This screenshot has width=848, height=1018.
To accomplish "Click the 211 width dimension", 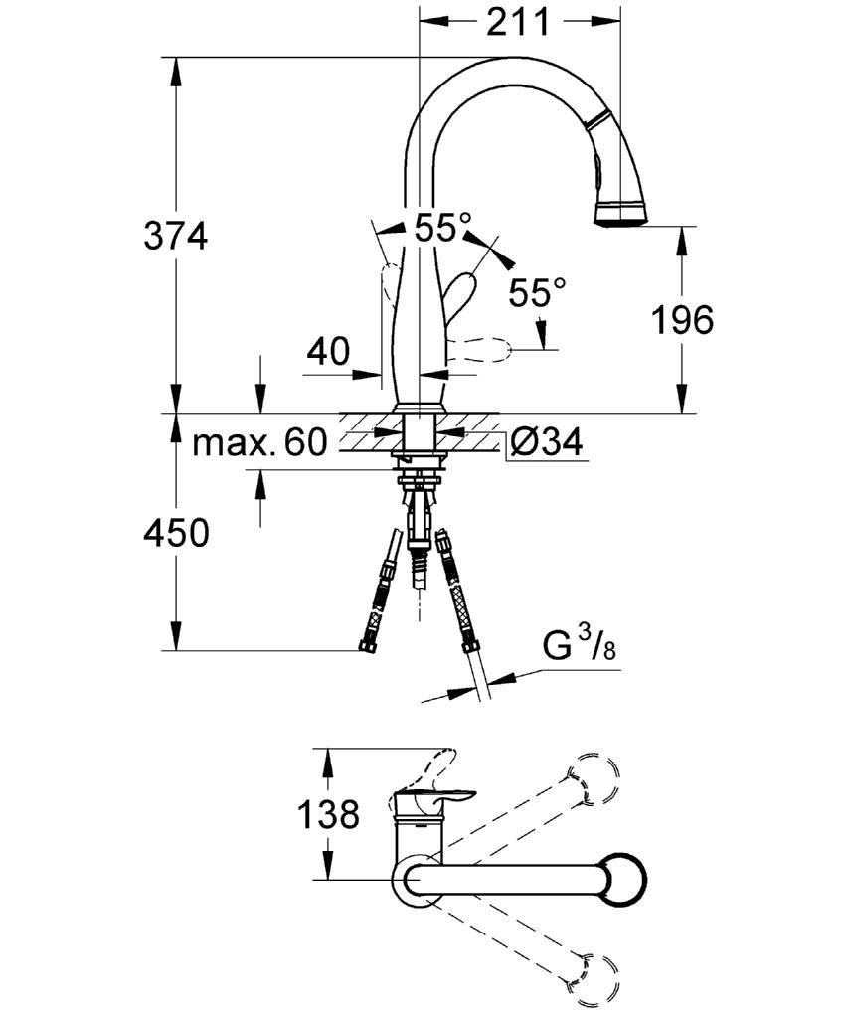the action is point(518,22).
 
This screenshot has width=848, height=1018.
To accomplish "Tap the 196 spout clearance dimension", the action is point(682,320).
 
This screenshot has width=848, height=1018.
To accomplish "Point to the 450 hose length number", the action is point(176,533).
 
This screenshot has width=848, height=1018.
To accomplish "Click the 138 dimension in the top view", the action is point(328,814).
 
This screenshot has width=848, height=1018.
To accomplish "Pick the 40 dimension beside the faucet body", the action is point(328,351).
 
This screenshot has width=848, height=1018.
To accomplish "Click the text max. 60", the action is point(259,443).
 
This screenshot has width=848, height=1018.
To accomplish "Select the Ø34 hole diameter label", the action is point(546,442).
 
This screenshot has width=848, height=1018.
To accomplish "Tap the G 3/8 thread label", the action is point(580,647).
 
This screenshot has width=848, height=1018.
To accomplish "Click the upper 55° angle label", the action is point(442,228).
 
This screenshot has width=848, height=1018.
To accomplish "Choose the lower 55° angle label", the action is point(537,293).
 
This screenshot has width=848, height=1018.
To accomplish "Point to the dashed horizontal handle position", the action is point(479,351).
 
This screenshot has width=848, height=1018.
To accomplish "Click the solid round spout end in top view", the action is point(622,880).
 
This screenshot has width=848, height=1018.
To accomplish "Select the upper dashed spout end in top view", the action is point(593,778).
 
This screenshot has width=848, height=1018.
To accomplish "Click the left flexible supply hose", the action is point(379,591).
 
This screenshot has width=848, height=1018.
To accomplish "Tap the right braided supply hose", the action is point(457,592).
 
